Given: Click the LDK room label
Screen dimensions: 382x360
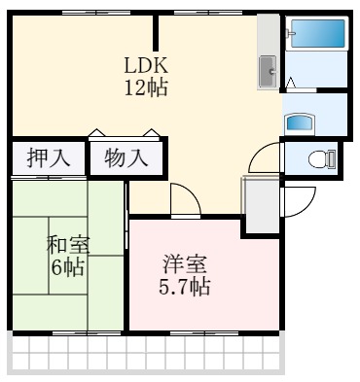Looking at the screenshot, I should click(x=147, y=66).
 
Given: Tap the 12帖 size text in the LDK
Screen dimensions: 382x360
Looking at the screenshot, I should click(x=147, y=87).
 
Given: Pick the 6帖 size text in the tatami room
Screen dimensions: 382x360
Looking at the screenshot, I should click(x=67, y=264).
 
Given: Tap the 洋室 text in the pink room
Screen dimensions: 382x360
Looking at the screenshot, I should click(x=184, y=264).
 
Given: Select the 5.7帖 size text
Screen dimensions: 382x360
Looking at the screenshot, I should click(x=184, y=287).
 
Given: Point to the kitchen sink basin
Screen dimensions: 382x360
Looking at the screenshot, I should click(x=268, y=70).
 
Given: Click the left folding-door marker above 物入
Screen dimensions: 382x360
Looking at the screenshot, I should click(x=96, y=133).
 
